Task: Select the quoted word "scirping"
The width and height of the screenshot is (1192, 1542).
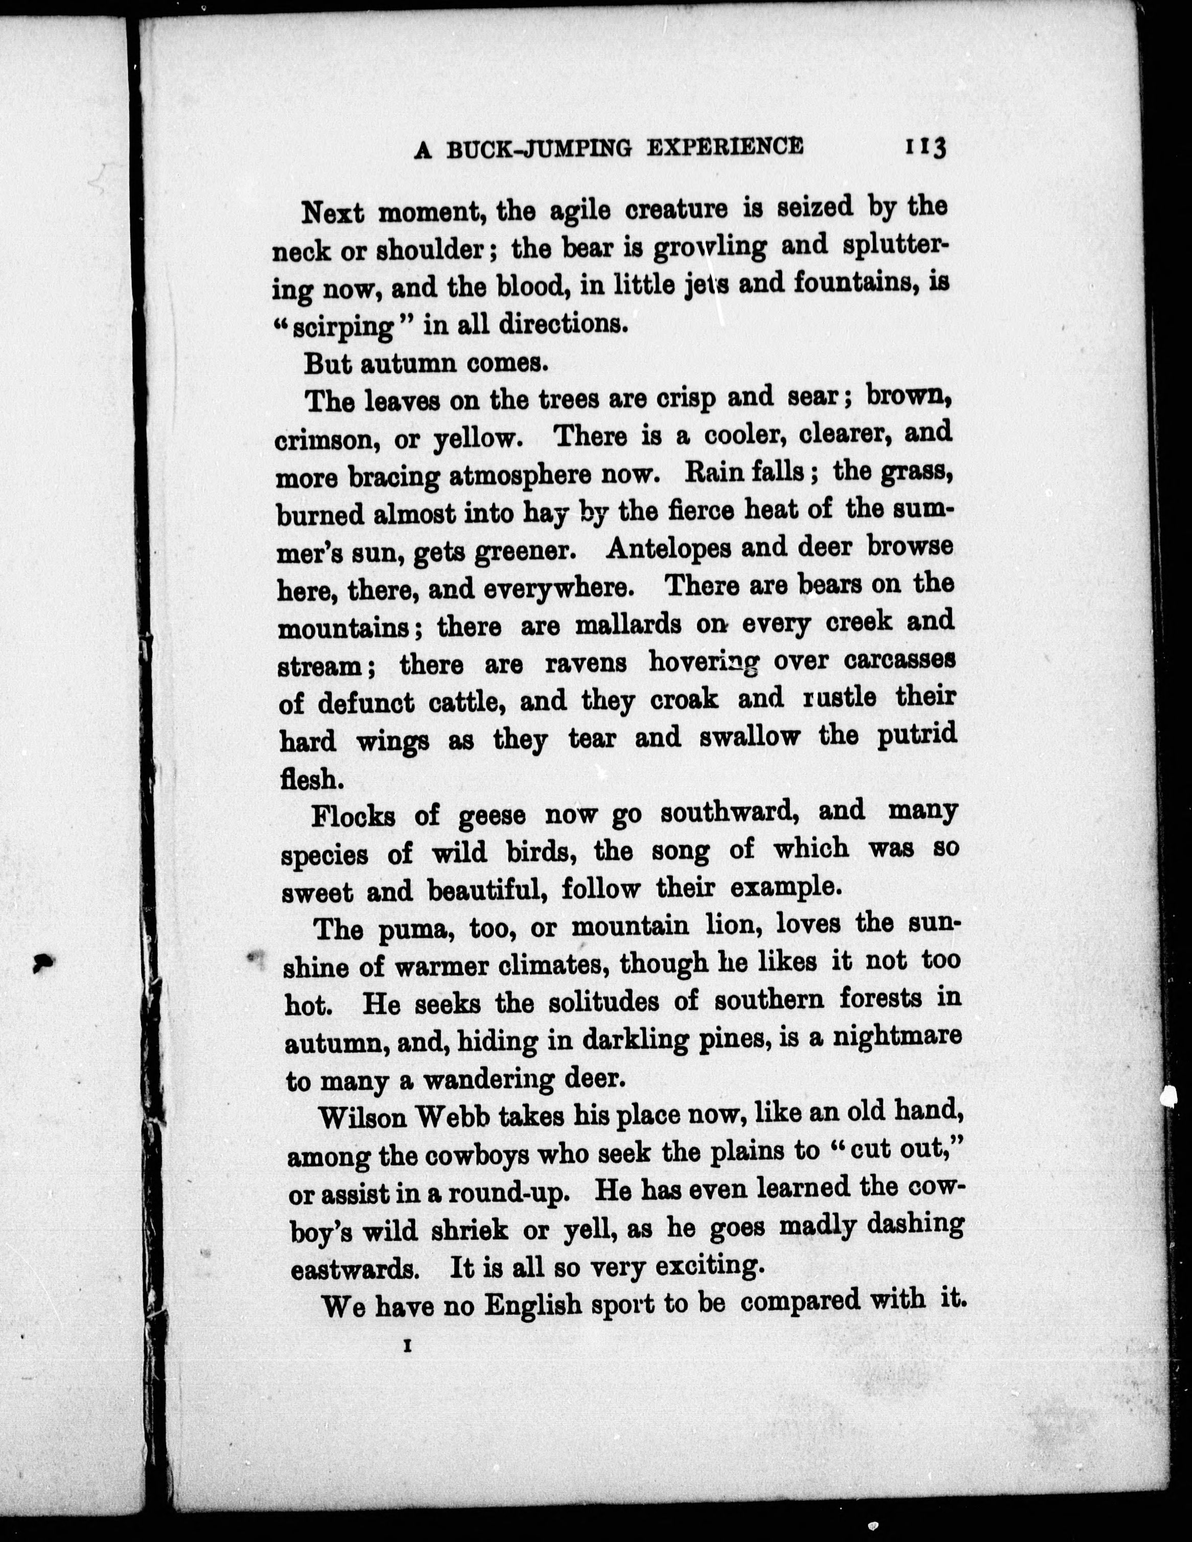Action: pos(343,327)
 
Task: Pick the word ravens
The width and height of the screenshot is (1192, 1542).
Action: pos(586,664)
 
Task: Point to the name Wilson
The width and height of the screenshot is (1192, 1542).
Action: pos(365,1118)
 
